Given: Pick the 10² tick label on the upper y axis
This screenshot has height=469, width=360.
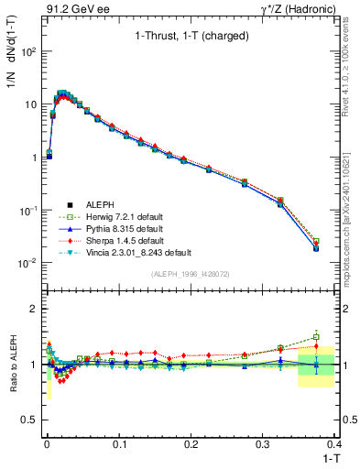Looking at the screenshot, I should coord(27,51).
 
